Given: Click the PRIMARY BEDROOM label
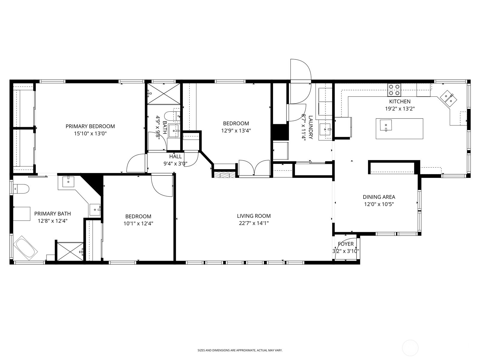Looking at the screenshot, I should [90, 126].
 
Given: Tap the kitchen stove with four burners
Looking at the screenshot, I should [394, 89].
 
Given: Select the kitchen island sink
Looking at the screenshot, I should [386, 125].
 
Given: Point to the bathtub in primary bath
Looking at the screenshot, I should [26, 248].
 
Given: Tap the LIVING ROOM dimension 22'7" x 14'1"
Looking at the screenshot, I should [254, 223].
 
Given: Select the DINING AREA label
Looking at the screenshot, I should [379, 197].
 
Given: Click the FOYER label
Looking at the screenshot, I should [346, 244].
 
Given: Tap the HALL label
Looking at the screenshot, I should [175, 157].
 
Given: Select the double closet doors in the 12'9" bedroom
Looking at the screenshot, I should [254, 168].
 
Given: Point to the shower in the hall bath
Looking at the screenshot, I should [163, 94].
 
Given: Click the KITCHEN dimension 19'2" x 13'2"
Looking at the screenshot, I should [400, 109].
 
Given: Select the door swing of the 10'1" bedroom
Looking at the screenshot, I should [161, 185].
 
